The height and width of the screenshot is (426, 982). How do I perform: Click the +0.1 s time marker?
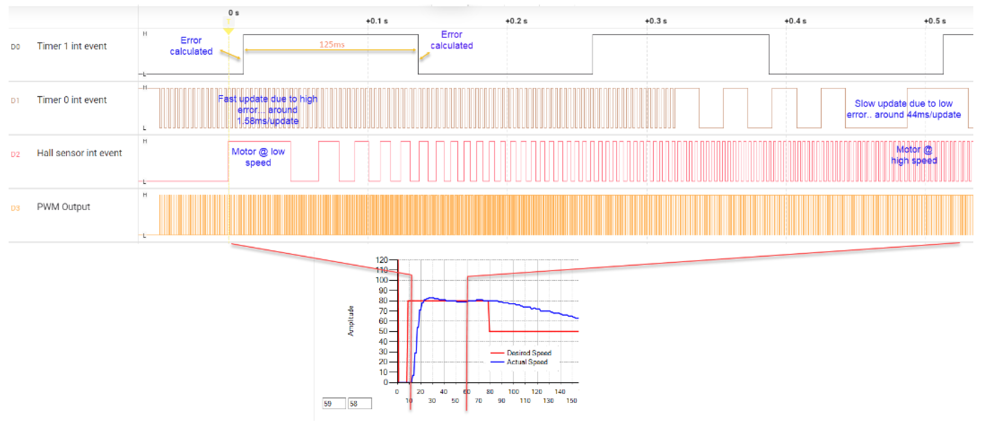click(x=377, y=21)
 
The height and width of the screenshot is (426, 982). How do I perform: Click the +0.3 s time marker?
click(x=656, y=21)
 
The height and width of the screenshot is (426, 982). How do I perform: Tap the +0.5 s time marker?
click(x=935, y=21)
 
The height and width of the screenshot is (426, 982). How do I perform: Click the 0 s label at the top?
click(x=234, y=12)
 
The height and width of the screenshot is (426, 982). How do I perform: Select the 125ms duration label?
click(x=332, y=45)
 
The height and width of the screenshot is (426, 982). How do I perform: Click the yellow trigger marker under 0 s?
click(x=228, y=30)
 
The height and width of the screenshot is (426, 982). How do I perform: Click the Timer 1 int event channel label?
click(x=72, y=46)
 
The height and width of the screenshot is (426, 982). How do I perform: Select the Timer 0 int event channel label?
click(x=72, y=100)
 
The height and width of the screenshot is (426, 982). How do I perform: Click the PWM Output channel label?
click(x=63, y=207)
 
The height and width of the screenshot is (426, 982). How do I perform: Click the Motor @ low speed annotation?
click(x=258, y=157)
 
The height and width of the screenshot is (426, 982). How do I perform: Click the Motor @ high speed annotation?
click(x=914, y=155)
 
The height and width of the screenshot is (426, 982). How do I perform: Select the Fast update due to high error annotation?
click(x=268, y=110)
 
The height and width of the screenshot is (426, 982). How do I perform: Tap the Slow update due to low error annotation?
click(x=904, y=109)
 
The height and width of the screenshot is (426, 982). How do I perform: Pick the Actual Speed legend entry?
click(x=526, y=362)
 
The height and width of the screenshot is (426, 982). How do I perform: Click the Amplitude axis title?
click(x=351, y=321)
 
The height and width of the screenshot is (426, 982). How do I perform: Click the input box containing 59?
click(x=334, y=403)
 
